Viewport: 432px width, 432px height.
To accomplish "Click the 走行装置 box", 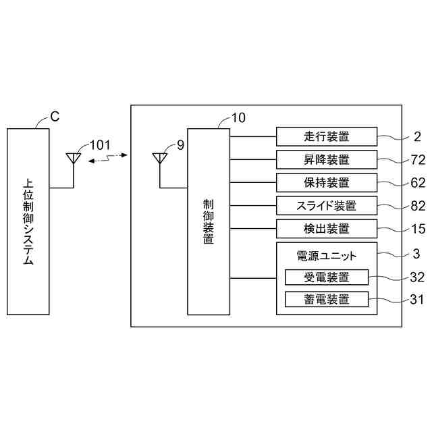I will coord(327,137).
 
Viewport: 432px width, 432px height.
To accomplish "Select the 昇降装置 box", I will coord(327,160).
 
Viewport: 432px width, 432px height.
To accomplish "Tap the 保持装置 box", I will coord(327,183).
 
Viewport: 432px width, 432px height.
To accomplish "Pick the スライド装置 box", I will coord(327,206).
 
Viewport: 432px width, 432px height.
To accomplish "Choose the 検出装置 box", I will coord(327,229).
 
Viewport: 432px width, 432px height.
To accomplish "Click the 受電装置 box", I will coord(327,277).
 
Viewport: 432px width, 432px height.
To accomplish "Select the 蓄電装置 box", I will coord(327,299).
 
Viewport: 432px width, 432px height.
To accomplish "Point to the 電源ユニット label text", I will coord(327,256).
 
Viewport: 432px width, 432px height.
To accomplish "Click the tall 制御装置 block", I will coord(208,221).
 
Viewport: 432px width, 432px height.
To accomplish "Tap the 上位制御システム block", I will coord(28,221).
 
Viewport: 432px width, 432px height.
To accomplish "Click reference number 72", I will coord(418,160).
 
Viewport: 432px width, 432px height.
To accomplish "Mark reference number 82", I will coord(418,206).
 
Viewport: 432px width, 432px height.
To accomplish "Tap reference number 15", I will coord(418,229).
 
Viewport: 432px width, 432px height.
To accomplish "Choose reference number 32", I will coord(418,277).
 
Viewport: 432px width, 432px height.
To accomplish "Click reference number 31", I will coord(418,299).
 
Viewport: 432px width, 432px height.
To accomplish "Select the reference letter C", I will coord(55,116).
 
